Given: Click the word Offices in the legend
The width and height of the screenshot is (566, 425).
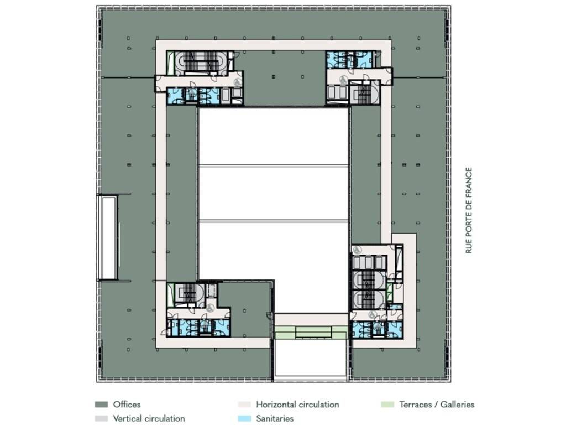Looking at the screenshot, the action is pos(127,405).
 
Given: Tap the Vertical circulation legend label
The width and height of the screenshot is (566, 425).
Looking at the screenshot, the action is pos(149,418).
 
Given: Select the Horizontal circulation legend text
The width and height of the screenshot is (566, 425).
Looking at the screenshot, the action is pos(297,405).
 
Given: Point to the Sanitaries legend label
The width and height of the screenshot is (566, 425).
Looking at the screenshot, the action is pos(275,418).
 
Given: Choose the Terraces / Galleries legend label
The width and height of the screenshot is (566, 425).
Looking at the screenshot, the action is pos(437,405).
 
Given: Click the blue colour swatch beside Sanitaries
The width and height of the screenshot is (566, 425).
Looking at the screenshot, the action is pos(244,419).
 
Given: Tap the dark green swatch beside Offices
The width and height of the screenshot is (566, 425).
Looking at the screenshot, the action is pos(101,405).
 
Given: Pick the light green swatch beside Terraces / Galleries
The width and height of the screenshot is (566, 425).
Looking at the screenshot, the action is pos(387,405).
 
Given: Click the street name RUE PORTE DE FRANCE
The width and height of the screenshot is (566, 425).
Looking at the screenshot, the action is pos(469,210).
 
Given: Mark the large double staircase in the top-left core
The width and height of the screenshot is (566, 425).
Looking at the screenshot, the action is pos(201,63).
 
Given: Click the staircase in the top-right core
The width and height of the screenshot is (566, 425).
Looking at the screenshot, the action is pos(364,93).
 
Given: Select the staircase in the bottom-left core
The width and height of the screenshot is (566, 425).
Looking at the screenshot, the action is pos(189,293).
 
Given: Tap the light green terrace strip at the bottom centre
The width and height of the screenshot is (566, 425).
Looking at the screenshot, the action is pos(311,333).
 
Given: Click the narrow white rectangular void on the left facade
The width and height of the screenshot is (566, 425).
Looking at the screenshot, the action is pos(108,238).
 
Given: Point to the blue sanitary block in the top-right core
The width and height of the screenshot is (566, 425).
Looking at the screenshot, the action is pos(349,59).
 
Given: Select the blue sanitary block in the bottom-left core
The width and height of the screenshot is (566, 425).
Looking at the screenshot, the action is pos(198,328).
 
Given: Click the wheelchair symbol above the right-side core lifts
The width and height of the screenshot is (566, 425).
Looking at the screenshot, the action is pos(357,250).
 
